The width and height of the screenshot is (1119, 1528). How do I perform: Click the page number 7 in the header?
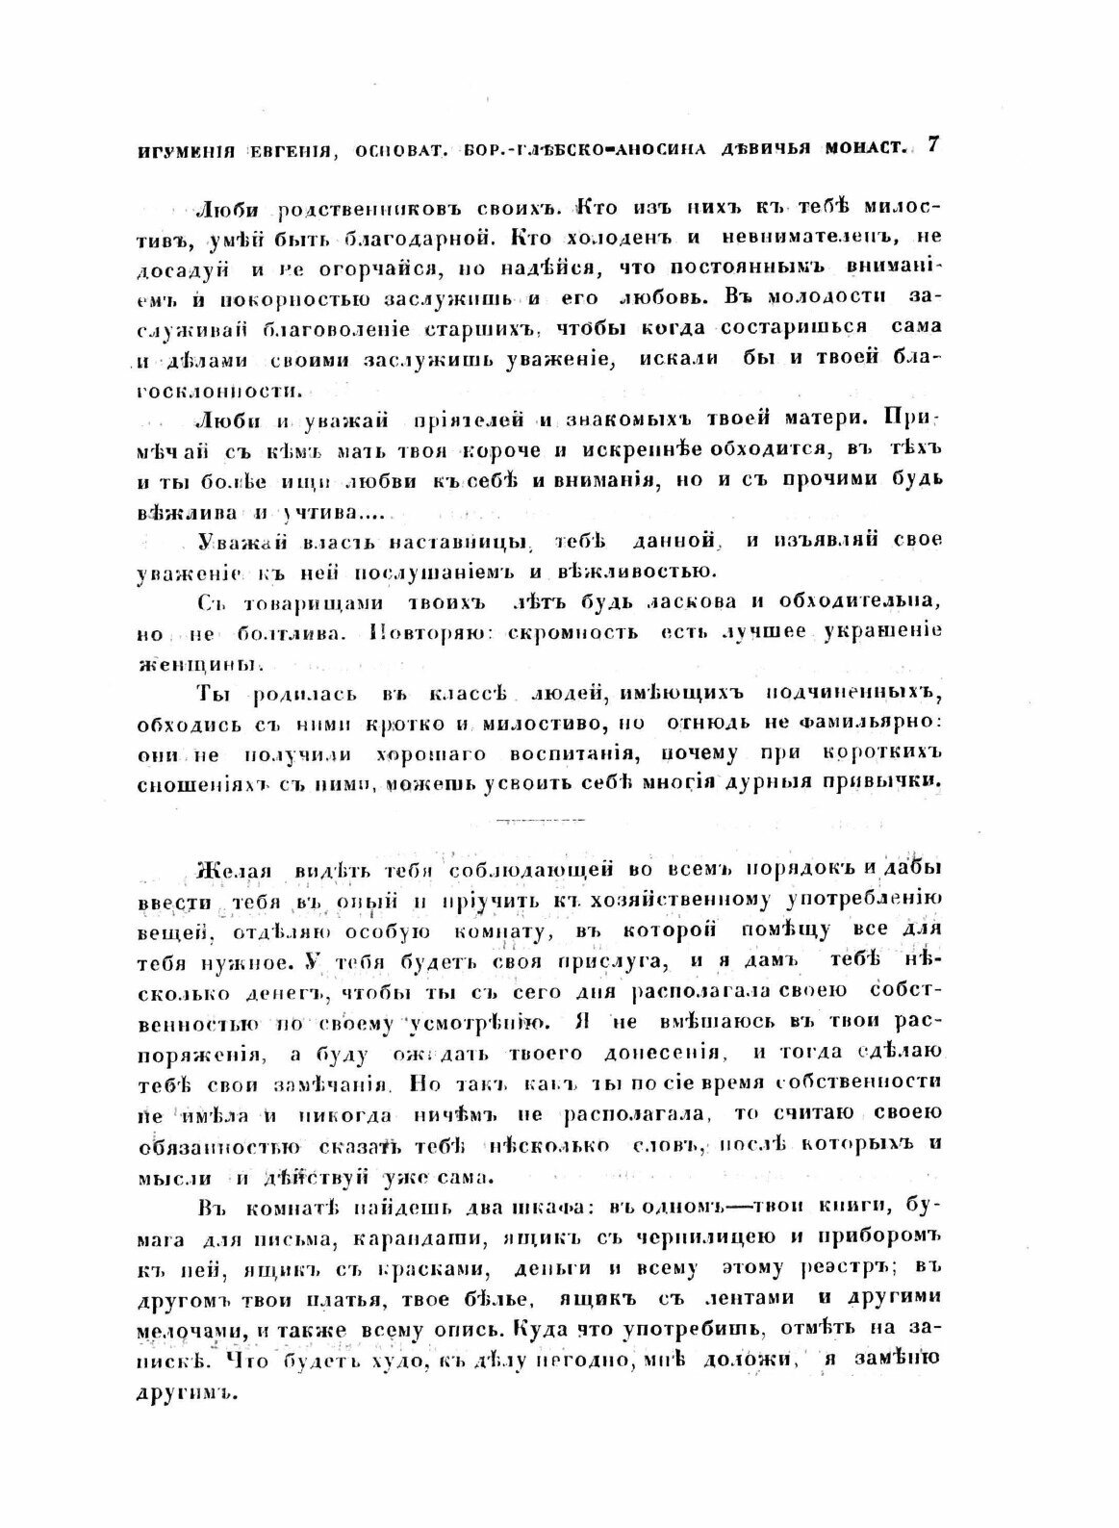pos(931,147)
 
